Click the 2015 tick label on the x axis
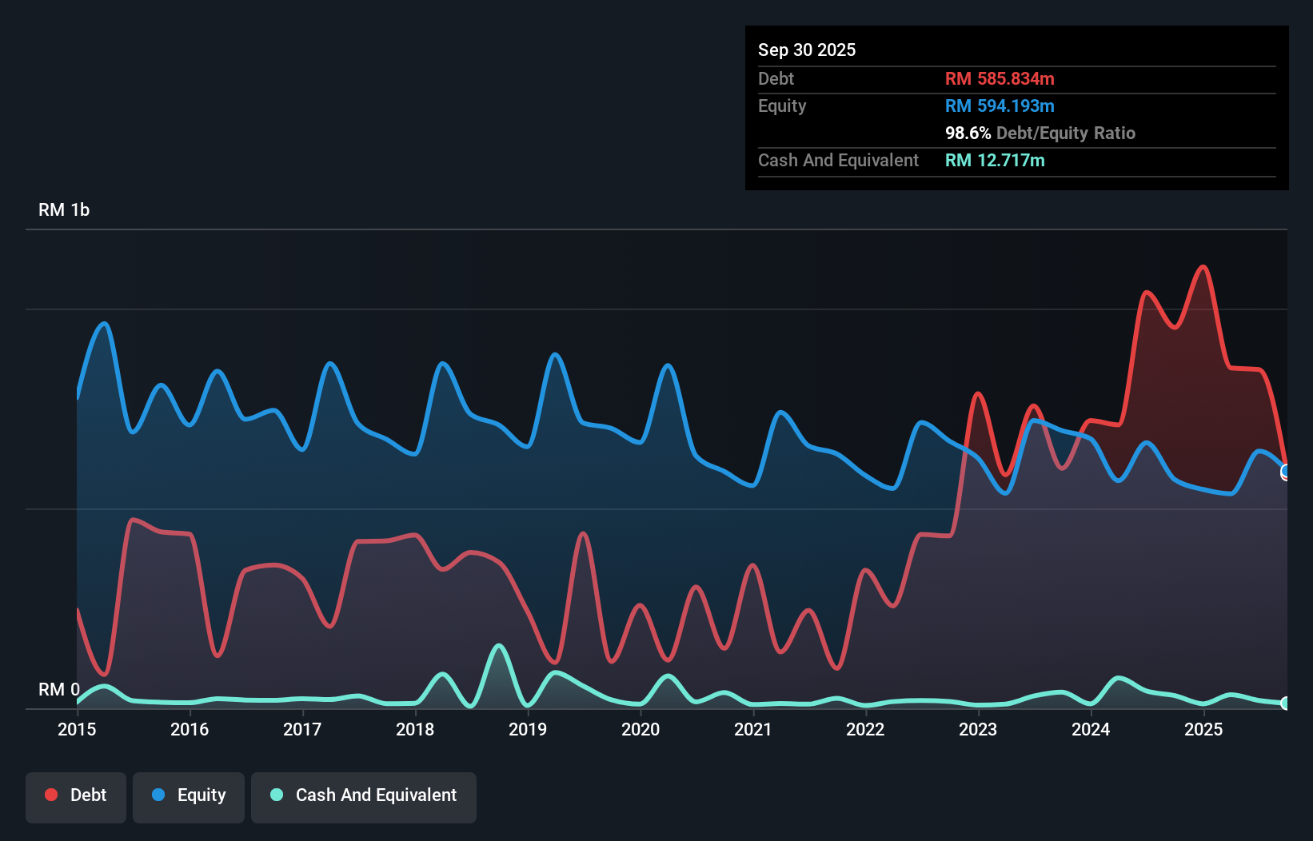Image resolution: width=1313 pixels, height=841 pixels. [x=77, y=729]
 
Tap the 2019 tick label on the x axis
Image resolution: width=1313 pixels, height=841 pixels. [x=528, y=729]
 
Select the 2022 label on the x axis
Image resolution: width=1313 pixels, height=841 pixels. [x=865, y=729]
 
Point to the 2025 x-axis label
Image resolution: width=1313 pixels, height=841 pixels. [x=1203, y=729]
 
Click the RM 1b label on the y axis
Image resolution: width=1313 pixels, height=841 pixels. [x=64, y=209]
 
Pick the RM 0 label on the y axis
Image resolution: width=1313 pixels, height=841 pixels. [x=59, y=689]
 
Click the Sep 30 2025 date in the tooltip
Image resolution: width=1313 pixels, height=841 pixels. [x=807, y=50]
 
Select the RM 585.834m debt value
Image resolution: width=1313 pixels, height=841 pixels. [x=1000, y=78]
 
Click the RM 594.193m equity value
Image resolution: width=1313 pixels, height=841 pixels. [x=1000, y=106]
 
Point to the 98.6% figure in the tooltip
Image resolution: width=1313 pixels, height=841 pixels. [x=968, y=133]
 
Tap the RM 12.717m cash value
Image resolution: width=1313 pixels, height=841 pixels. [x=995, y=160]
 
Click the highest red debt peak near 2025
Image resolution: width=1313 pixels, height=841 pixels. [x=1203, y=267]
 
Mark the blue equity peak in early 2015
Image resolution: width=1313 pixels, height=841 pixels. [x=105, y=324]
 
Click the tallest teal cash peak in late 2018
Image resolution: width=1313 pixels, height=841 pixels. [x=499, y=645]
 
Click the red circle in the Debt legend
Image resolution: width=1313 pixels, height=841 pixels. [x=51, y=795]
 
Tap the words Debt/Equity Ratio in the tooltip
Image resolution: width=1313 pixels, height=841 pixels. [x=1065, y=133]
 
